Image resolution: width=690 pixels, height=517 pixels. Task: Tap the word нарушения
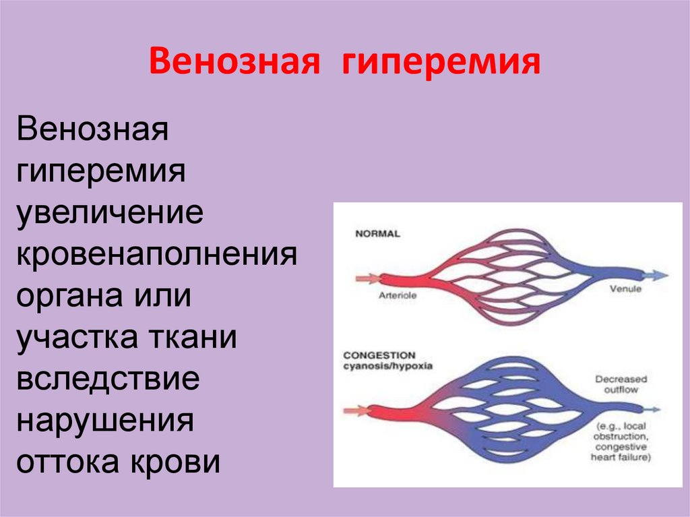(x=106, y=421)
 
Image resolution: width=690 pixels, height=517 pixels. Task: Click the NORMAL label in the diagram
(x=377, y=234)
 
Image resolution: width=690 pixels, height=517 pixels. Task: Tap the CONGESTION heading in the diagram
(x=379, y=355)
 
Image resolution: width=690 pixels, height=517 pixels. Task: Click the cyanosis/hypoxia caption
(x=388, y=367)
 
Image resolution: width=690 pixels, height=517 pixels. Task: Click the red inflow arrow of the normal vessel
(x=367, y=276)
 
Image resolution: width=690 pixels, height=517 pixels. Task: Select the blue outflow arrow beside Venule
(x=655, y=275)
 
